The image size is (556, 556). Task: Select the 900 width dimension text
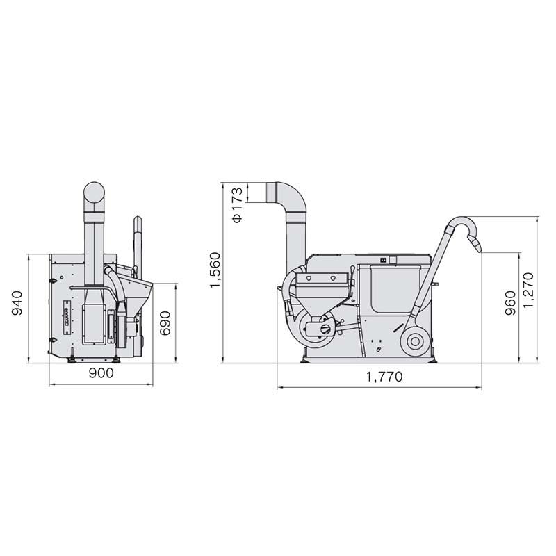coord(101,374)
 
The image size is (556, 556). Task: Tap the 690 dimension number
coord(165,323)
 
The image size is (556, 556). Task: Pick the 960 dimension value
coord(510,304)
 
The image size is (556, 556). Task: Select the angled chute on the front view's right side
coord(138,293)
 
